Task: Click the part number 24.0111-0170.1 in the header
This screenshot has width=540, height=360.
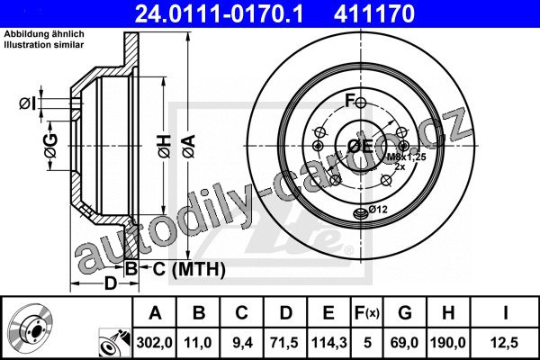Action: (219, 13)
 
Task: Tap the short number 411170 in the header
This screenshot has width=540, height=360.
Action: (374, 13)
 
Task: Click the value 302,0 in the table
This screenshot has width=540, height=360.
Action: (154, 342)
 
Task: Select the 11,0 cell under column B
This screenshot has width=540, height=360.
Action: (198, 342)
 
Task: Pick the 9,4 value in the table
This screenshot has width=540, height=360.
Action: (242, 342)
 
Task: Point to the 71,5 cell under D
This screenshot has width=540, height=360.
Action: (284, 342)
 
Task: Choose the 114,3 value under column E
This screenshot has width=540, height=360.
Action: (328, 342)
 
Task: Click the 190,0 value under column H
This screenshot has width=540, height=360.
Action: (448, 342)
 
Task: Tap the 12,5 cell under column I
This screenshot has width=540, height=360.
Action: (505, 342)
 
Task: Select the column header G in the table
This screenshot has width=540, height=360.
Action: (405, 313)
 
